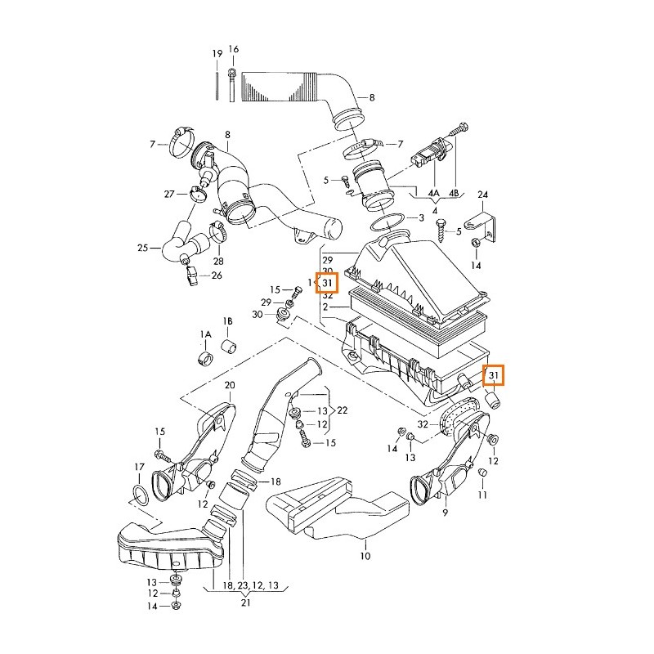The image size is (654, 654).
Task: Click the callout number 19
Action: pyautogui.click(x=217, y=54)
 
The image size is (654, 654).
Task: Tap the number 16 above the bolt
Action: pyautogui.click(x=233, y=49)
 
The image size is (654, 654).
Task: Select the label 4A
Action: pyautogui.click(x=434, y=194)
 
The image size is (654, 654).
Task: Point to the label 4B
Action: pyautogui.click(x=455, y=194)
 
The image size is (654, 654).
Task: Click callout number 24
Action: pyautogui.click(x=482, y=194)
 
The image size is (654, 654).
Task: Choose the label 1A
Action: pyautogui.click(x=205, y=335)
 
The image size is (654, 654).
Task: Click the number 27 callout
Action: pyautogui.click(x=169, y=194)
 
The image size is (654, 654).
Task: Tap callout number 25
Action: pyautogui.click(x=142, y=247)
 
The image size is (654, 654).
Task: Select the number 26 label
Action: pyautogui.click(x=217, y=275)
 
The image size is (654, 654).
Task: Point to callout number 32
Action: pyautogui.click(x=423, y=424)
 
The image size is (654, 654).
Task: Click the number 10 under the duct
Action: pyautogui.click(x=365, y=556)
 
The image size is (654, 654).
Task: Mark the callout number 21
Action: pyautogui.click(x=246, y=602)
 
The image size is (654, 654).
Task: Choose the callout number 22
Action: pyautogui.click(x=343, y=410)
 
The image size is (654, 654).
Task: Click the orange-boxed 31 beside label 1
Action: pyautogui.click(x=328, y=283)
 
